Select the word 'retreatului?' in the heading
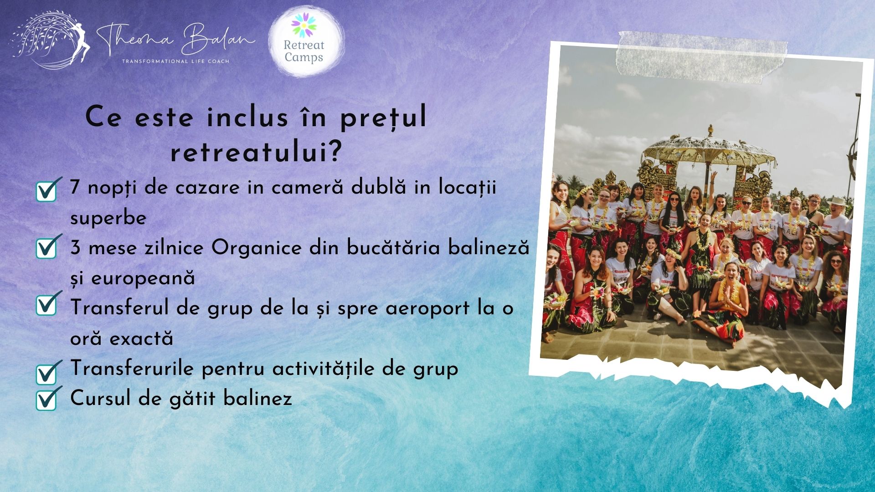coord(256,154)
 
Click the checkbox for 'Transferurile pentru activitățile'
coord(47,373)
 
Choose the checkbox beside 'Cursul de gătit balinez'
coord(47,400)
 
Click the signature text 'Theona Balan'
coord(175,40)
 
